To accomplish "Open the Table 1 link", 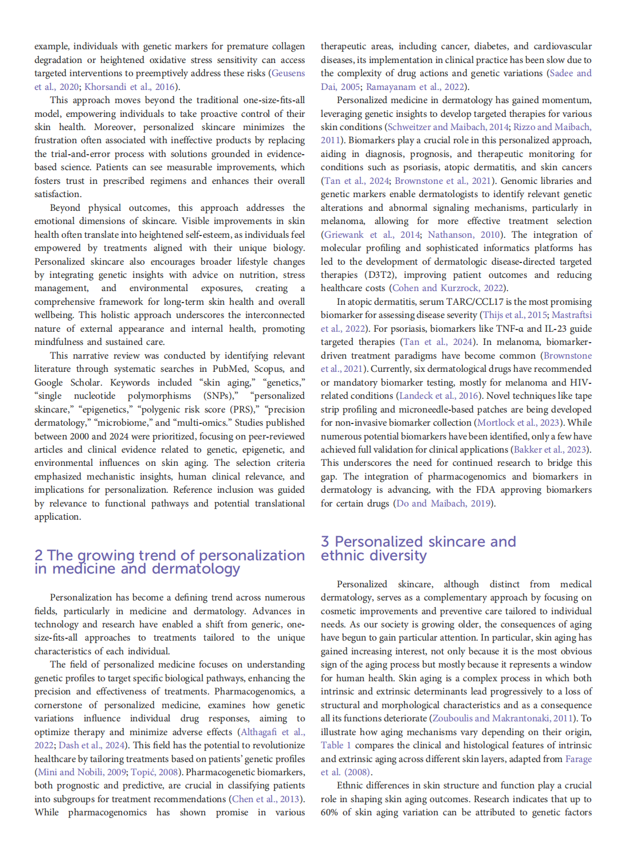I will [x=336, y=745].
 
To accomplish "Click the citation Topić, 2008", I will [x=155, y=772].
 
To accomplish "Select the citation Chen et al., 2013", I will [x=266, y=799].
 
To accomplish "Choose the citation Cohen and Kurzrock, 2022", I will [x=448, y=288].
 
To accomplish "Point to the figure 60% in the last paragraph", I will [x=329, y=812].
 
